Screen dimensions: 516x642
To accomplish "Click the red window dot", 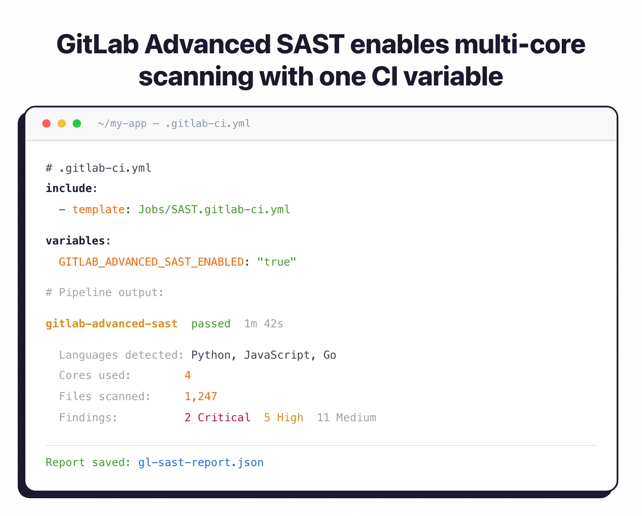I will pyautogui.click(x=46, y=124).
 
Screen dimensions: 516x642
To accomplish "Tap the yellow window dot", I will pyautogui.click(x=62, y=124).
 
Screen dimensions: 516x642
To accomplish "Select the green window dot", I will pyautogui.click(x=77, y=124).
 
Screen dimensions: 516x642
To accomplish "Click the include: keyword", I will pyautogui.click(x=71, y=188).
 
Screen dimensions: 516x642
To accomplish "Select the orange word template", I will pyautogui.click(x=98, y=209).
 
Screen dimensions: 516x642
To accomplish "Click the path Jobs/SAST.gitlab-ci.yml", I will pyautogui.click(x=214, y=209).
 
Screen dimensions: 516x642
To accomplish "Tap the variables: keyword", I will pyautogui.click(x=78, y=241).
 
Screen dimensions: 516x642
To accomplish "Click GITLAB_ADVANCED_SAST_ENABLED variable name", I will pyautogui.click(x=151, y=262).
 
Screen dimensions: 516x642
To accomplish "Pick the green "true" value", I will pyautogui.click(x=277, y=262).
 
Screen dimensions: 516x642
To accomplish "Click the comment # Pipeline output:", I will pyautogui.click(x=104, y=292).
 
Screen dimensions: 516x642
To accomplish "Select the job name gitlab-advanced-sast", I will pyautogui.click(x=112, y=324).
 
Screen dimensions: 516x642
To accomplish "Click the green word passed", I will pyautogui.click(x=211, y=324).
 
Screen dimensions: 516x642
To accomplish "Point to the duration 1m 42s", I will pyautogui.click(x=264, y=324).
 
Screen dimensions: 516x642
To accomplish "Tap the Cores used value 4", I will pyautogui.click(x=188, y=375).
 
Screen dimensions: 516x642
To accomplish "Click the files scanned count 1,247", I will pyautogui.click(x=201, y=396).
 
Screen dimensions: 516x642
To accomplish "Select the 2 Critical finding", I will pyautogui.click(x=218, y=417).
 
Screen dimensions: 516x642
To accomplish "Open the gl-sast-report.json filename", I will pyautogui.click(x=201, y=462).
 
